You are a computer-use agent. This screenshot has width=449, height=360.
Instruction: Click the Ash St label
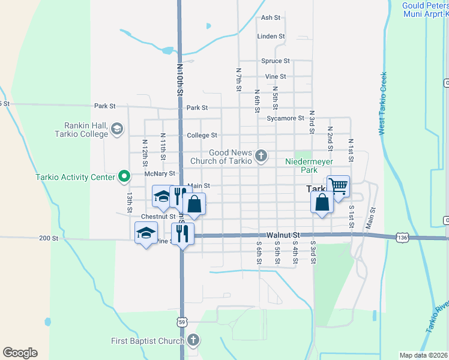(x=271, y=18)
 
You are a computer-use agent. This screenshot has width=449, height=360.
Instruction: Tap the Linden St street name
(x=271, y=37)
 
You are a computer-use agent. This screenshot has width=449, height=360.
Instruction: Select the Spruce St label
(x=276, y=61)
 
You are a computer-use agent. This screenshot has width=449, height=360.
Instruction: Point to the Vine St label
(x=276, y=77)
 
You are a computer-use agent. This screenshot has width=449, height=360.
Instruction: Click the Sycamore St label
(x=286, y=118)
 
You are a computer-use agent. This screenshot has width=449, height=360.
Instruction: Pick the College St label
(x=202, y=136)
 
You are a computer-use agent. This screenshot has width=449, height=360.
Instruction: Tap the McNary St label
(x=159, y=173)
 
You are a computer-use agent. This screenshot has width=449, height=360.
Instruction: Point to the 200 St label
(x=48, y=238)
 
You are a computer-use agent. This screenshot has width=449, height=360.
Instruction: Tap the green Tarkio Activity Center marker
(x=124, y=176)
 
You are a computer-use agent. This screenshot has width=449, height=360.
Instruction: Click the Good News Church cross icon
(x=261, y=157)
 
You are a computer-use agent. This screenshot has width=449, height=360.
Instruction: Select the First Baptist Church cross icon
(x=193, y=341)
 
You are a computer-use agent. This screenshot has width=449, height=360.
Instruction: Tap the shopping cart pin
(x=338, y=187)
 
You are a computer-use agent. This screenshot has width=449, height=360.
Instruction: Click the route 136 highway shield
(x=402, y=238)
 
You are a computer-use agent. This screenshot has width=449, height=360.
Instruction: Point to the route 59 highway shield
(x=181, y=322)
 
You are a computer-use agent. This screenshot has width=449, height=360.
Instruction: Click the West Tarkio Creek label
(x=382, y=104)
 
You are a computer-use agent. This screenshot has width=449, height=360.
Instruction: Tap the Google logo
(x=20, y=353)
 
